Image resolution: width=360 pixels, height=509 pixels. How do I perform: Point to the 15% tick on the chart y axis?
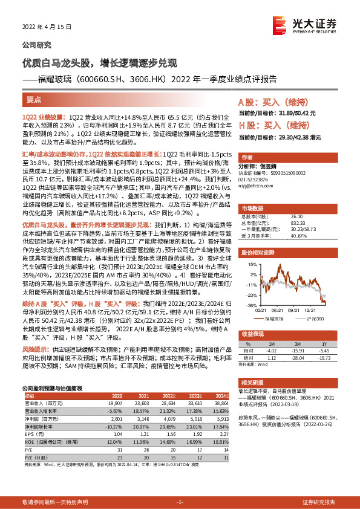[x=249, y=264]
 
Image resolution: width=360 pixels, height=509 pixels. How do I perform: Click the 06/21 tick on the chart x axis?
[x=277, y=310]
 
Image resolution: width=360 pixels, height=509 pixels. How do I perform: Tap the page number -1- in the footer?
[x=180, y=502]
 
